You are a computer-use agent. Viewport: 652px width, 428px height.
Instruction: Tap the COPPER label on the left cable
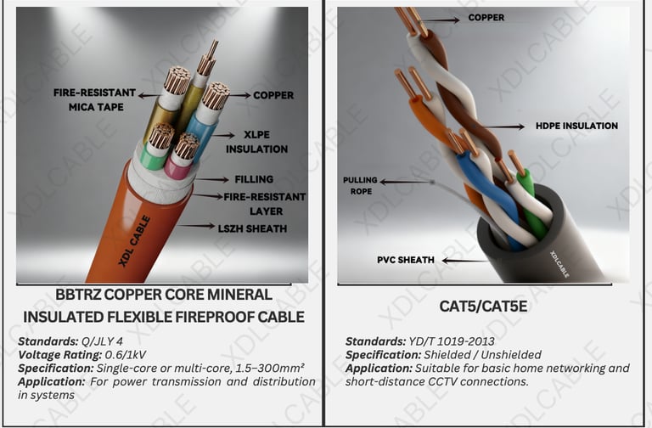[273, 95]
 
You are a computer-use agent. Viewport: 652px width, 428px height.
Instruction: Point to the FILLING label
[254, 179]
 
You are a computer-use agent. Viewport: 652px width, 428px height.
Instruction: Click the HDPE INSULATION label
[576, 126]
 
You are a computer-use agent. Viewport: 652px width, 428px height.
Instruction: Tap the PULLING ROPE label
[360, 186]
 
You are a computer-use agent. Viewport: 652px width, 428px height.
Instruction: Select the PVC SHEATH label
[405, 259]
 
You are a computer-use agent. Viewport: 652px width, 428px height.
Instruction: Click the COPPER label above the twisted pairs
[486, 17]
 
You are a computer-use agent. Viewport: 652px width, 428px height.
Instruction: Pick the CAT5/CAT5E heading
[483, 306]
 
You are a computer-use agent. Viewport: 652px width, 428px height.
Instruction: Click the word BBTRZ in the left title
[81, 295]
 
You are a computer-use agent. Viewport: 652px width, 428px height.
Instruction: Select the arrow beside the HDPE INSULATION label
[505, 127]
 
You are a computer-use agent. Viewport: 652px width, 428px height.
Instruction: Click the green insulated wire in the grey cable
[531, 204]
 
